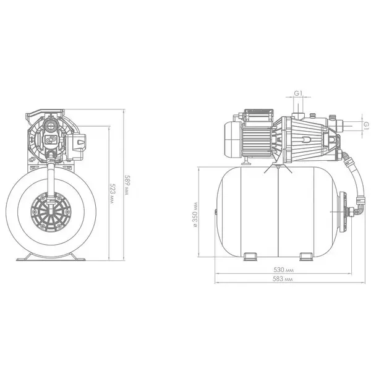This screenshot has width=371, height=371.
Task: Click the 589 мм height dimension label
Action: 127,185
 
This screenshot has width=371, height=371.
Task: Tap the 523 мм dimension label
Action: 113,194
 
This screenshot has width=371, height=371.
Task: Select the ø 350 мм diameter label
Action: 195,214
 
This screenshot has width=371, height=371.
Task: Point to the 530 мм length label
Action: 283,270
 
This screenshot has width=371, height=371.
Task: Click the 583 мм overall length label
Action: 283,279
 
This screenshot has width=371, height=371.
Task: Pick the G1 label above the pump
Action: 298,93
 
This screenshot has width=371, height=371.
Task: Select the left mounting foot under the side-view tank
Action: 250,257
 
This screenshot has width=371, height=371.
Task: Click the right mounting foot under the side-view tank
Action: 307,257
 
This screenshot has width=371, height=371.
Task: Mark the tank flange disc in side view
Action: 343,211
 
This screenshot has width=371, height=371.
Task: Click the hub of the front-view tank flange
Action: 51,211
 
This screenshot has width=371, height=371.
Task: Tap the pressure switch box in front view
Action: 76,146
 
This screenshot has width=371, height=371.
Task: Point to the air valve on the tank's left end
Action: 216,211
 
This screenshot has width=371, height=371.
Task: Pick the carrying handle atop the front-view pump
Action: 45,114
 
